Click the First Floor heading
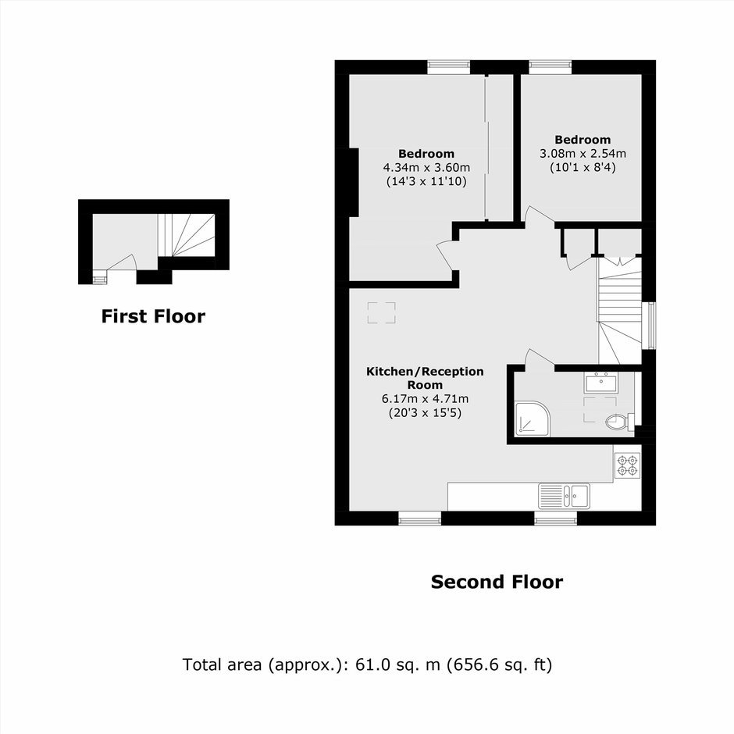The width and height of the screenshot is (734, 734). point(153,316)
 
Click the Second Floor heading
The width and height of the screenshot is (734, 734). point(497,582)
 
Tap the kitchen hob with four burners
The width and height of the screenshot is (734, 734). point(627,465)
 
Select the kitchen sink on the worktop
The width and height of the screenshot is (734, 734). point(564,496)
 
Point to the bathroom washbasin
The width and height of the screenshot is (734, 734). point(601,383)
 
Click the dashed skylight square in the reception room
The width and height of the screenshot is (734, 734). point(381,312)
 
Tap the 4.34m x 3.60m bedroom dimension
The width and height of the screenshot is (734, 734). point(426,168)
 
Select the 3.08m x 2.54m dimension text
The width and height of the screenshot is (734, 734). point(583,154)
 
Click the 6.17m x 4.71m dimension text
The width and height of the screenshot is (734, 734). point(425,399)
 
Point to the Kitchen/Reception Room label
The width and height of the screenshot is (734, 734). point(425,378)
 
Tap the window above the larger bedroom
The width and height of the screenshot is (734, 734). point(448,67)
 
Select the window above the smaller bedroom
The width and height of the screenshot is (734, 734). point(550,67)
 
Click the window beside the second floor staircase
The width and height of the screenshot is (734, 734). point(648,326)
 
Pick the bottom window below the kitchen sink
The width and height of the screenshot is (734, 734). point(556,518)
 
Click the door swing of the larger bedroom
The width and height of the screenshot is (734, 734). point(445,255)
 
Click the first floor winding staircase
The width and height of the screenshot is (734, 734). point(186,236)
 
